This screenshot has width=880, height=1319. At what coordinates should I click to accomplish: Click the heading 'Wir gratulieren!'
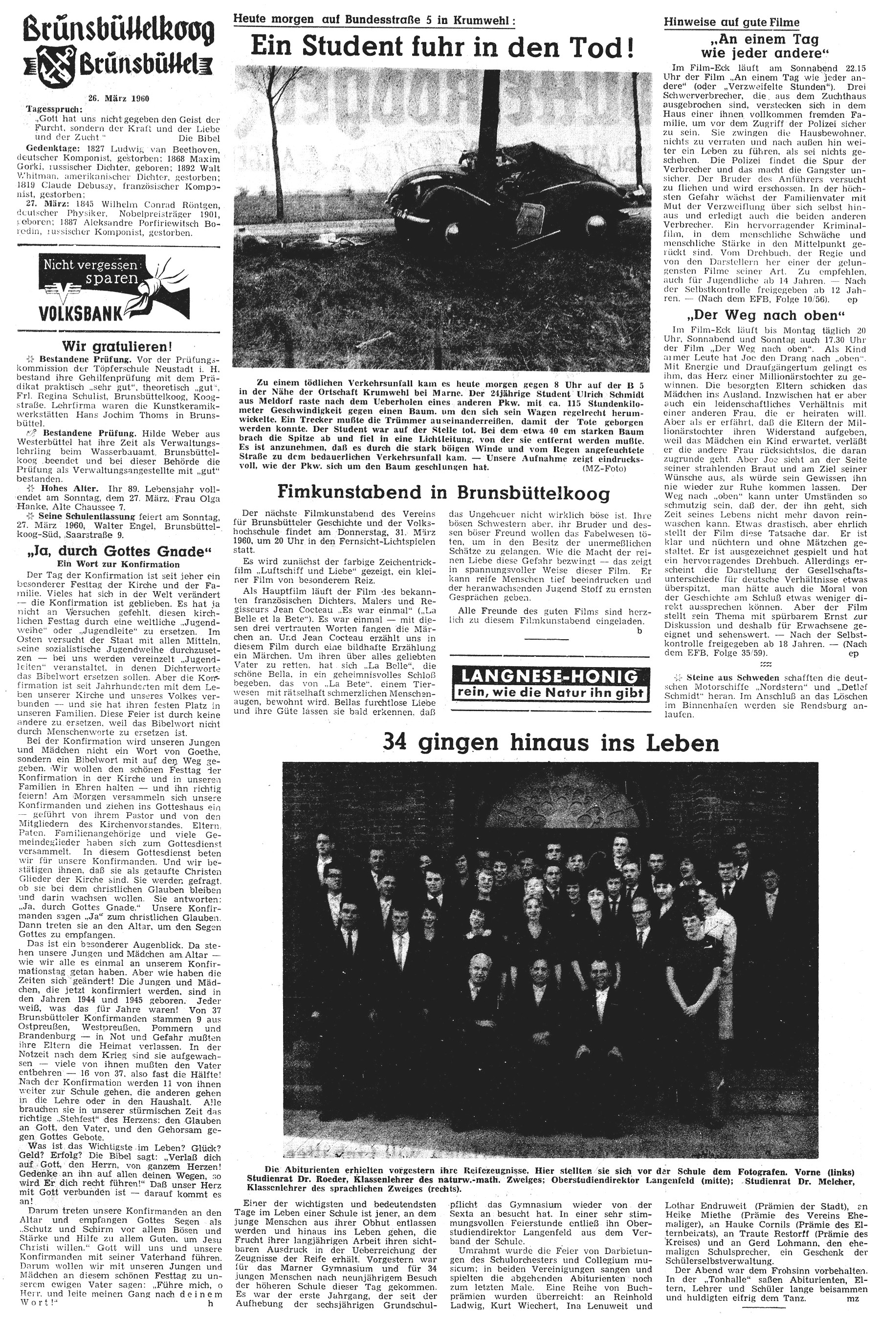pos(117,346)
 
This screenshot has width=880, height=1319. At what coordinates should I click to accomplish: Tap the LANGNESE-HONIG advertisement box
pos(550,684)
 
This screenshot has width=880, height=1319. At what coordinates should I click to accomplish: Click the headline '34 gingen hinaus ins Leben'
pos(550,742)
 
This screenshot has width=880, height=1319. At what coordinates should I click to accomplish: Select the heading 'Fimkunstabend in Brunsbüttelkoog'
pos(443,492)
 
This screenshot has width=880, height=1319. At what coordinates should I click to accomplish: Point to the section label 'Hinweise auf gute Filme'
pos(731,22)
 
